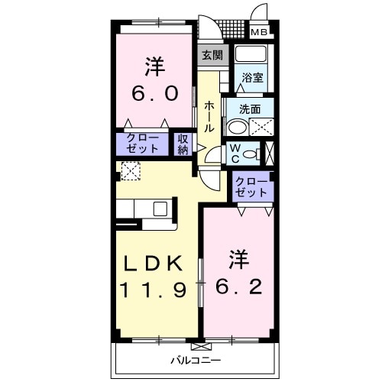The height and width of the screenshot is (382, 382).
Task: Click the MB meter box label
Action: click(260, 32)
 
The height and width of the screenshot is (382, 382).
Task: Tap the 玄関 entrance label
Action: click(212, 55)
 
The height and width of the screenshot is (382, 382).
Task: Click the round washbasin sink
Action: click(238, 128)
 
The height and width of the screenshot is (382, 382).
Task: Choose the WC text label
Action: click(237, 153)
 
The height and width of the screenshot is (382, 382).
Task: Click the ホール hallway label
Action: click(209, 116)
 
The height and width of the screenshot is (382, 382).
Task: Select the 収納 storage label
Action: click(183, 144)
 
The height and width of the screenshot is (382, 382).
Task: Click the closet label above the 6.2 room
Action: click(251, 187)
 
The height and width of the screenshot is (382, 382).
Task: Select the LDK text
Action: click(153, 264)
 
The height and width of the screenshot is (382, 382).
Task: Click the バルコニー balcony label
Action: click(195, 359)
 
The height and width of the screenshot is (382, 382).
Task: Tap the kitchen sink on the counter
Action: click(161, 209)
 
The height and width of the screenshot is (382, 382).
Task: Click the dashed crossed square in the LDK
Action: click(131, 171)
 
